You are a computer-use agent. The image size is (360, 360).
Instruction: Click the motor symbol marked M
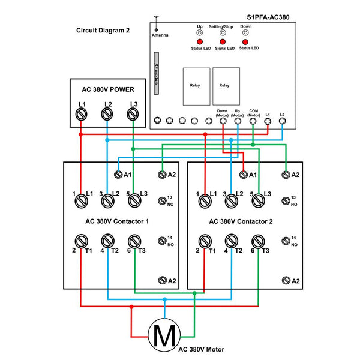coord(164,335)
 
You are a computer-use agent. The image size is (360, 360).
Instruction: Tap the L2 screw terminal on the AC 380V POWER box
coord(107,114)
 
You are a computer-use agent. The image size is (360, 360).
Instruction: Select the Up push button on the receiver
coord(200,32)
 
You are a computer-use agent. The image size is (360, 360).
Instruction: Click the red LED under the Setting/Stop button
coord(223,42)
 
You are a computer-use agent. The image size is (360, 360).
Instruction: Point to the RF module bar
coord(156,73)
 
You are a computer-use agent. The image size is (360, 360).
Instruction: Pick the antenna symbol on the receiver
coord(156,23)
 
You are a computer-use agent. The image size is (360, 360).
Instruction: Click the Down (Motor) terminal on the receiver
coord(223,121)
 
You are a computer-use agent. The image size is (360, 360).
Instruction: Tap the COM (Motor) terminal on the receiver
coord(253,121)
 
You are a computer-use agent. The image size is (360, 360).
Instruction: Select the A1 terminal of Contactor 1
coord(118,175)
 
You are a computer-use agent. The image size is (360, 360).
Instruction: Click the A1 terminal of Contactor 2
coord(244,175)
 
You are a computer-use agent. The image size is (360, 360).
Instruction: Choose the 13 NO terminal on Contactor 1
coord(162,201)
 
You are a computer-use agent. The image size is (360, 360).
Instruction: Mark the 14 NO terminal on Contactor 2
coord(286,241)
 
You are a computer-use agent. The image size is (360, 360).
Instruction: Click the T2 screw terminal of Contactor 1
coord(107,241)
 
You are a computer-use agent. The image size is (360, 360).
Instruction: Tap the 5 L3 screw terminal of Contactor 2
coord(258,201)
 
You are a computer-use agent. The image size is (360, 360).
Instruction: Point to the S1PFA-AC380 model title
coord(268,17)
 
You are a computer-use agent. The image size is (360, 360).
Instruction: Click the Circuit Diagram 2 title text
coord(103,31)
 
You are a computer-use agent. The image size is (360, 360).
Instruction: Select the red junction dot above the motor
coord(131,307)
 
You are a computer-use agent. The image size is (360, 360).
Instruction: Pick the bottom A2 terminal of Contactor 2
coord(286,280)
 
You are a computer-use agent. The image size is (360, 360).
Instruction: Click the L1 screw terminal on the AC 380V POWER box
coord(81,114)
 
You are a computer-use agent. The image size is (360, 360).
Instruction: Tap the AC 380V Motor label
coord(202,349)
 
